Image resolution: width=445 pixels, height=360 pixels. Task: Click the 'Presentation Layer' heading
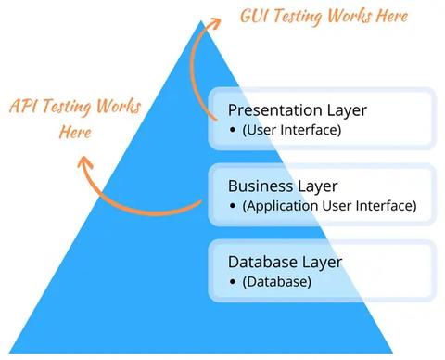pos(297,110)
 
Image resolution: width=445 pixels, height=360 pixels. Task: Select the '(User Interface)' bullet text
pos(291,130)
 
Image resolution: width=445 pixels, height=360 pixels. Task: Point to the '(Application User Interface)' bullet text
pos(329,205)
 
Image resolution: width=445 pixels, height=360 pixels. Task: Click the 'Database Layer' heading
pos(285,262)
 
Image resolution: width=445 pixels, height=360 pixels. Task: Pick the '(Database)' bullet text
pos(276,281)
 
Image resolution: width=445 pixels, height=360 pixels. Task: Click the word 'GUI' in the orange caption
pos(256,17)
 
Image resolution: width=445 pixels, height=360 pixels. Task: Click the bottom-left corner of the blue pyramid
pos(4,354)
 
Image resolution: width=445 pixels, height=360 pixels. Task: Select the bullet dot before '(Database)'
pos(233,281)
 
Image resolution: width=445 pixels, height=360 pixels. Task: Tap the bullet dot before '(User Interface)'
pos(233,130)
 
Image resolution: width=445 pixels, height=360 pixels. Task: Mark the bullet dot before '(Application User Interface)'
pos(233,206)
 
